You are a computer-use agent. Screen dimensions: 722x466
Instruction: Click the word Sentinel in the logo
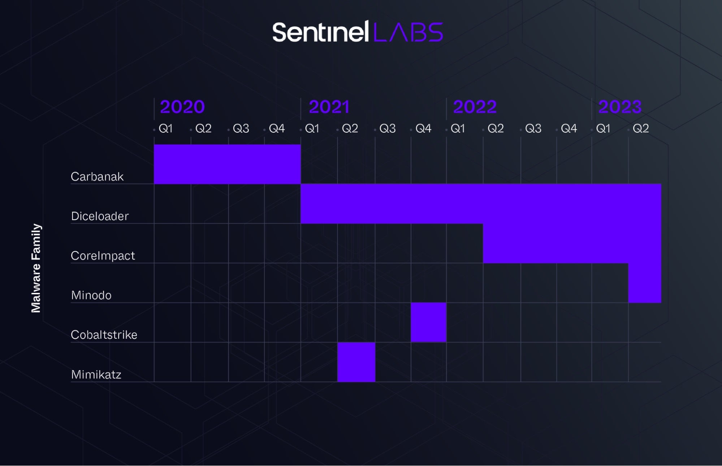(x=320, y=32)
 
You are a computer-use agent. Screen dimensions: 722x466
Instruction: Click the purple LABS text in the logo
(x=408, y=32)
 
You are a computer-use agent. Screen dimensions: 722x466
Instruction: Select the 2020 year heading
(x=182, y=107)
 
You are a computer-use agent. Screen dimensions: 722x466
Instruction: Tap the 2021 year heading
(x=329, y=107)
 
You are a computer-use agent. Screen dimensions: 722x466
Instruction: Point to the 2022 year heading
(x=475, y=107)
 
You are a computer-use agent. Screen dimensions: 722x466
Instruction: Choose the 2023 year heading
(x=620, y=107)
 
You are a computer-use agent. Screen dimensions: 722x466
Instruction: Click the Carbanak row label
(x=97, y=176)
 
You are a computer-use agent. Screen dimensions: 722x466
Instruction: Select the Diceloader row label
(x=100, y=216)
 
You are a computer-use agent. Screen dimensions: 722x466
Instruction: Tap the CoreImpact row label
(x=103, y=256)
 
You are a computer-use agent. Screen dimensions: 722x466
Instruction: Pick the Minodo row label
(x=91, y=295)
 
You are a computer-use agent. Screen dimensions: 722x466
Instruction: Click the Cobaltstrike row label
(x=104, y=335)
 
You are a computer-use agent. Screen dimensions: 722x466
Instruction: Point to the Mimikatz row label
(x=96, y=374)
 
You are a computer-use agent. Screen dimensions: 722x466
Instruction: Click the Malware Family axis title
(x=36, y=268)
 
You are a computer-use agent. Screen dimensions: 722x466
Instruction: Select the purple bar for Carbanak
(x=227, y=164)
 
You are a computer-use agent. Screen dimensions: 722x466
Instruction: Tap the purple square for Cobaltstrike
(x=429, y=322)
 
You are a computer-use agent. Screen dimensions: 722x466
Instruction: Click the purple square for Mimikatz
(x=356, y=362)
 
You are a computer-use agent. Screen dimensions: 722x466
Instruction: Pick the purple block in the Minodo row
(x=645, y=283)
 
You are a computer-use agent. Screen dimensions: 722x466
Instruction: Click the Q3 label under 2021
(x=388, y=128)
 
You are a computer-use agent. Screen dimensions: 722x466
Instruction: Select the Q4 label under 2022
(x=569, y=128)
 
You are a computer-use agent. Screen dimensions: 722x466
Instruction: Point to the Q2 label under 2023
(x=641, y=128)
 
